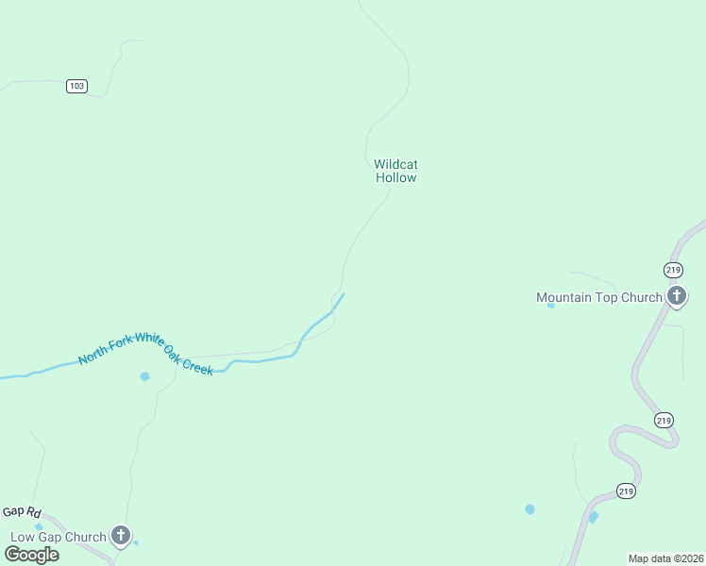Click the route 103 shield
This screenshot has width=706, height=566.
tap(76, 86)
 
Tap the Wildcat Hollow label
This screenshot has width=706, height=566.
tap(395, 171)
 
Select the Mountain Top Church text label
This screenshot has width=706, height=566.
tap(599, 298)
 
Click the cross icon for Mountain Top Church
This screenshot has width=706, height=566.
tap(677, 297)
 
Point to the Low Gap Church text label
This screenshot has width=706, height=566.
tap(59, 538)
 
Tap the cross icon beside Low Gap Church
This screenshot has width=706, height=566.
tap(121, 536)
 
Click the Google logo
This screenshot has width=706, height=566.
tap(31, 554)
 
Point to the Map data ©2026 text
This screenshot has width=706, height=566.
tap(665, 558)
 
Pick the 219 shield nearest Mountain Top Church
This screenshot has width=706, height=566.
tap(673, 270)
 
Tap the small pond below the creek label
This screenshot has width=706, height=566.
tap(144, 376)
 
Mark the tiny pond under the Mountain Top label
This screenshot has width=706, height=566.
tap(551, 305)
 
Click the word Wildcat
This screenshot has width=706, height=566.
tap(395, 164)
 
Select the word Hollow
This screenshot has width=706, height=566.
tap(395, 177)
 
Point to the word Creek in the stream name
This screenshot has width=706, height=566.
tap(196, 366)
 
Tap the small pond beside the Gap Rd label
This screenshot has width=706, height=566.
tap(39, 527)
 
